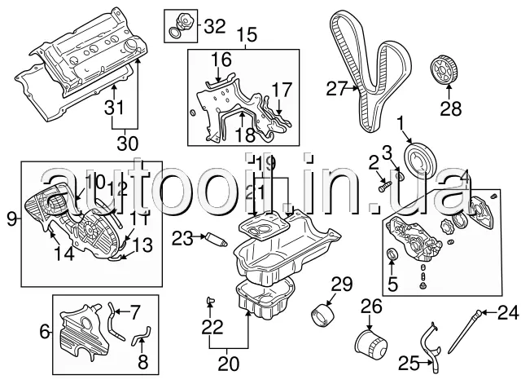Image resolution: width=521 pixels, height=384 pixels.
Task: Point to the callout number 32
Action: pyautogui.click(x=214, y=25)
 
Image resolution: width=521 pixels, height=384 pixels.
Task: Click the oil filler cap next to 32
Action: pyautogui.click(x=178, y=24)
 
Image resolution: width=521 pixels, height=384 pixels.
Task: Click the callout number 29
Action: pyautogui.click(x=340, y=285)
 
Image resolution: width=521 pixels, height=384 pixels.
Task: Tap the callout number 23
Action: pyautogui.click(x=182, y=238)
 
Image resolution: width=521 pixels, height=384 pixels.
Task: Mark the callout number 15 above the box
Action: pyautogui.click(x=246, y=34)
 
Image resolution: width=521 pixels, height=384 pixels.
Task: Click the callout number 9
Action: pyautogui.click(x=11, y=218)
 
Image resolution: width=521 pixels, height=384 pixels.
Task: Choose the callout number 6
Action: pyautogui.click(x=44, y=331)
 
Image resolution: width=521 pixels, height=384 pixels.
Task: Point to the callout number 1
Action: pyautogui.click(x=400, y=122)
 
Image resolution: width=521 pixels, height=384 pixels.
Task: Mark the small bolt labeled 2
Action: pyautogui.click(x=383, y=186)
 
